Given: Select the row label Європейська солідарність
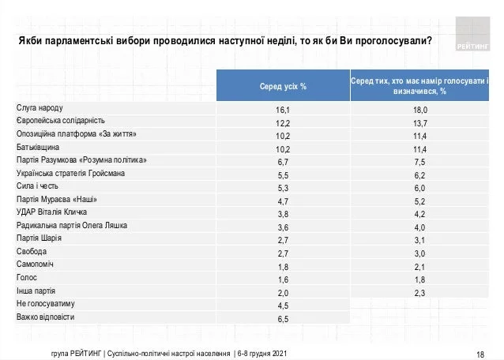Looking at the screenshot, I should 61,121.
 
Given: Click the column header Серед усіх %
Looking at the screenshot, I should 283,85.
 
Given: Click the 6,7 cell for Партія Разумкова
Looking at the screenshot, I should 284,160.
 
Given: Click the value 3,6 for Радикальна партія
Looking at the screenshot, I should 284,226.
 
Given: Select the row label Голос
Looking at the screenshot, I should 27,278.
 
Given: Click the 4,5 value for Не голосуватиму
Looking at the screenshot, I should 284,304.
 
